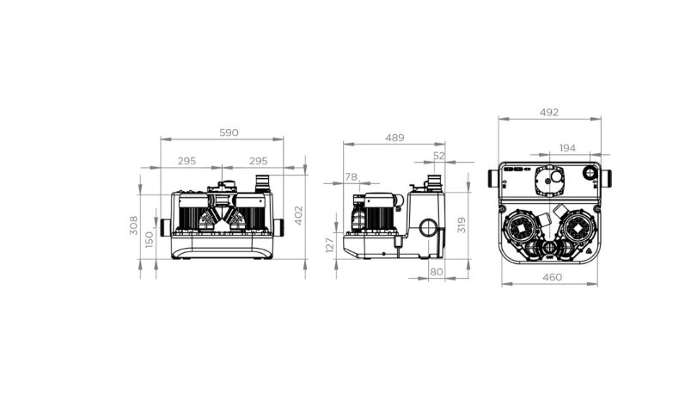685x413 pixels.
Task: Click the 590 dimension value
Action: (x=229, y=133)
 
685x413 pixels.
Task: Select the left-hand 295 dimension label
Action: (x=187, y=161)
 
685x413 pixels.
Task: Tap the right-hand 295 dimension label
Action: (x=258, y=161)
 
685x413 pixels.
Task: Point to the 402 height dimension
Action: (x=298, y=215)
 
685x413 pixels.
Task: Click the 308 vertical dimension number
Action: (x=134, y=225)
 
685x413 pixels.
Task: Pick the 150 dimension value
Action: (x=150, y=240)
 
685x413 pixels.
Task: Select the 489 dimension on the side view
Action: (x=394, y=138)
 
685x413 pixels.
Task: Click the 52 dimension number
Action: (x=439, y=156)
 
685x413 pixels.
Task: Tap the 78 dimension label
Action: (x=352, y=176)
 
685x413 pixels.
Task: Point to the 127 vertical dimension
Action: (x=330, y=244)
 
